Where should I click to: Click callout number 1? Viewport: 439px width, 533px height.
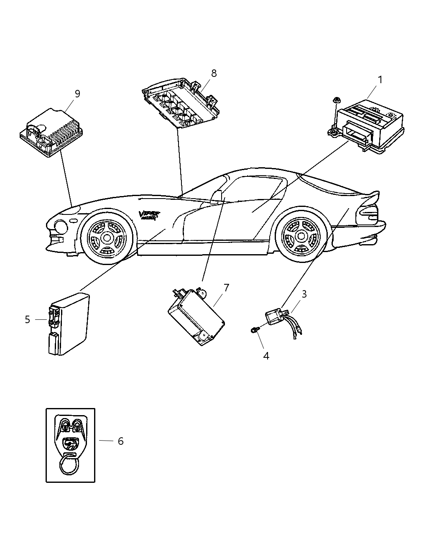pos(380,79)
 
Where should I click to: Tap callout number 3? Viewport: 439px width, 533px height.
pos(304,294)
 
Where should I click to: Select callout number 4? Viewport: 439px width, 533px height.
pos(266,356)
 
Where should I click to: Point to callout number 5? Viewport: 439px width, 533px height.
pos(28,320)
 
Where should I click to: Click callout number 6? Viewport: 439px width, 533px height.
pos(120,441)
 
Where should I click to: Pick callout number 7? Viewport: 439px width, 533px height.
pos(226,288)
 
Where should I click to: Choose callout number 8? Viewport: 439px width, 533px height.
pos(214,74)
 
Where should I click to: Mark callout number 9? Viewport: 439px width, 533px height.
pos(77,94)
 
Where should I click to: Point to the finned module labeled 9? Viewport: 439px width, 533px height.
pos(51,132)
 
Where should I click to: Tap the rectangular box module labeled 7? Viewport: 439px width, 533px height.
pos(196,317)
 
